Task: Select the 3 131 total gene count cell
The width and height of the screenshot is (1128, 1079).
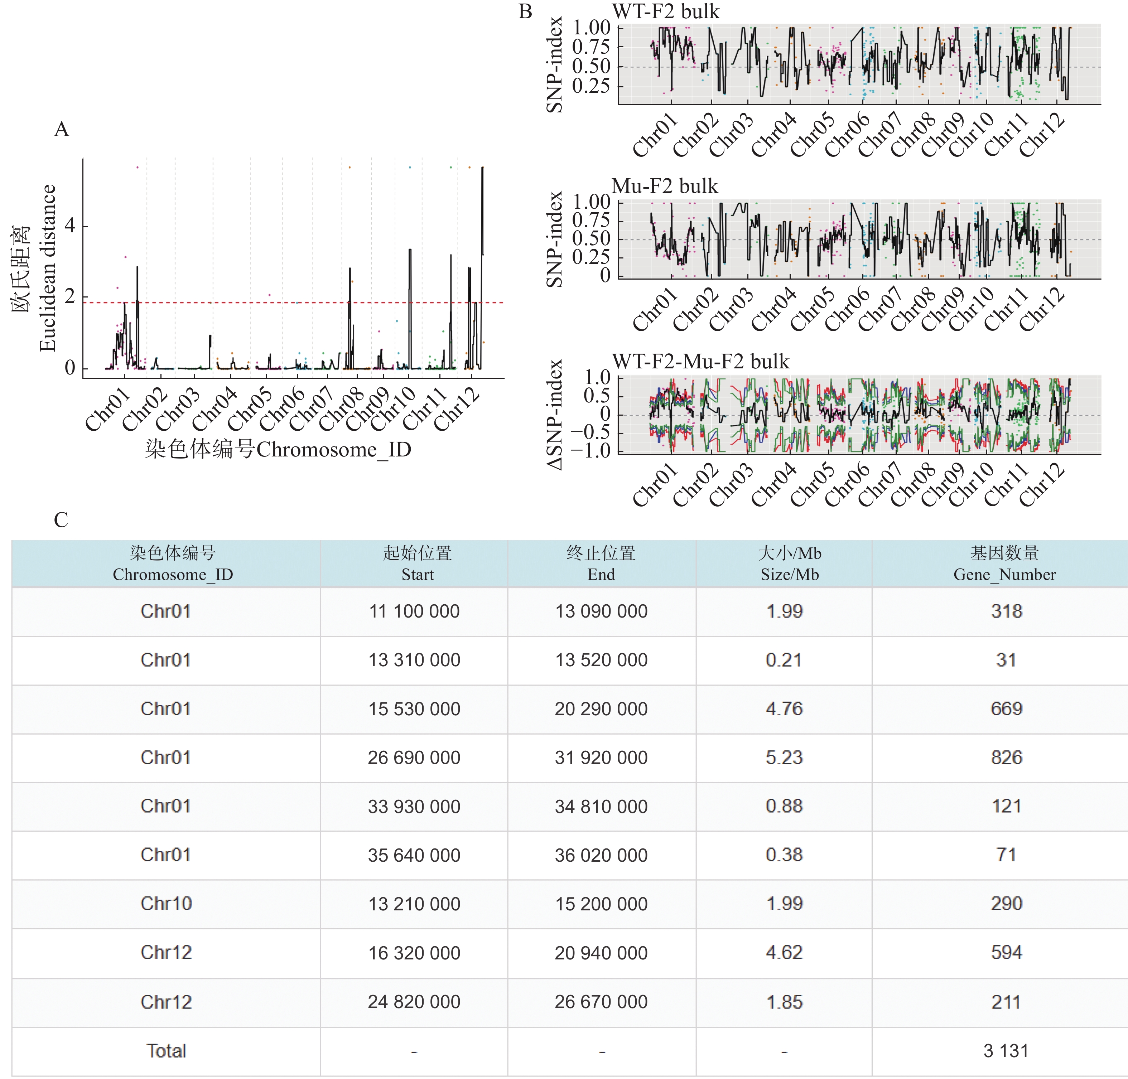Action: (x=1006, y=1051)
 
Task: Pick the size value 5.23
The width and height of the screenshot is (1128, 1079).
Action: (x=784, y=758)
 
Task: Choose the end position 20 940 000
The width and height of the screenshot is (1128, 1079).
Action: (x=601, y=953)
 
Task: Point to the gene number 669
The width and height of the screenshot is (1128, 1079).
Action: (x=1006, y=708)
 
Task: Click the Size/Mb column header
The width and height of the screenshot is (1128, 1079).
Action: (x=789, y=563)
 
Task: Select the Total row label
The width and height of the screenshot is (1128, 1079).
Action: (x=166, y=1051)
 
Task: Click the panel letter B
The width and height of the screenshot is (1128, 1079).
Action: (x=525, y=11)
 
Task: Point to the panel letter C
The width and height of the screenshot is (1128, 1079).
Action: (x=61, y=520)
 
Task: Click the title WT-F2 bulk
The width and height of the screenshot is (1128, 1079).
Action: (x=666, y=11)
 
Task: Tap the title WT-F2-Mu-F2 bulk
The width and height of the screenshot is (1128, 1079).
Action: (x=701, y=362)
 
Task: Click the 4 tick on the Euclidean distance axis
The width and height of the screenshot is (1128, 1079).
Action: (x=69, y=226)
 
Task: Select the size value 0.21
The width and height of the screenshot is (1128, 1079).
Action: (x=784, y=660)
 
